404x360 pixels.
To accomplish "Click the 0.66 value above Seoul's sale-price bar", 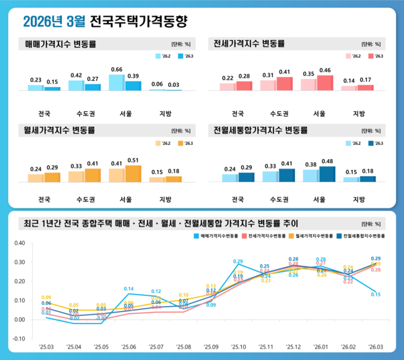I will pos(116,69).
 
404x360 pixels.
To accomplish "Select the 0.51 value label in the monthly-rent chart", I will pos(133,160).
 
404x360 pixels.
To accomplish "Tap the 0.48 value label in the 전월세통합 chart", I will pos(327,161).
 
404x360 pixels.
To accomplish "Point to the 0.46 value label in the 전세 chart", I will pos(325,70).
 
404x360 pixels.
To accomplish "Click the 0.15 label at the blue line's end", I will pos(376,295).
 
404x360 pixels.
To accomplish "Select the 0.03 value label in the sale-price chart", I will pos(174,84).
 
